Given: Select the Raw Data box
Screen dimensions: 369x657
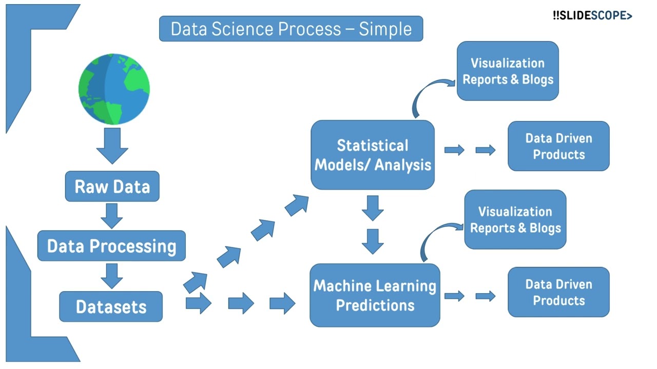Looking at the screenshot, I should click(112, 186).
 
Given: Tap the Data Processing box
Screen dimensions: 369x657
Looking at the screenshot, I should click(111, 246).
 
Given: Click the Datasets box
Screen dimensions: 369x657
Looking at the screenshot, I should click(111, 306).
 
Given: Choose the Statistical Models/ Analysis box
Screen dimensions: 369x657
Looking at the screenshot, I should click(373, 155).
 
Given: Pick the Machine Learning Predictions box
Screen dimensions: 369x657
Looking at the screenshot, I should click(375, 295).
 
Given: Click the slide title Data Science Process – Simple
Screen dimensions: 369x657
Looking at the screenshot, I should click(291, 29).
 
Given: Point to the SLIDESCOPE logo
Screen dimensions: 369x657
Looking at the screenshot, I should click(592, 16).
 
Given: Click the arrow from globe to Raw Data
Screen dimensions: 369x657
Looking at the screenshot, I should click(112, 145).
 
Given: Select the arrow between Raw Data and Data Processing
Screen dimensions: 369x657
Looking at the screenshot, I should click(111, 215).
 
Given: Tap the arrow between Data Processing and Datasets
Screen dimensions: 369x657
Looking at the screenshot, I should click(111, 276).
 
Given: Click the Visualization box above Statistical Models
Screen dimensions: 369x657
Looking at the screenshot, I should click(508, 71).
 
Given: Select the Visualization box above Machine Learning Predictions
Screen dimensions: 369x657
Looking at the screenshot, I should click(515, 220).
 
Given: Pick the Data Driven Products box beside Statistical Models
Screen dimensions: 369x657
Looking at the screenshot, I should click(558, 146).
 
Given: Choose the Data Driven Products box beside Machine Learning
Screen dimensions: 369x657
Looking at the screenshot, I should click(558, 292).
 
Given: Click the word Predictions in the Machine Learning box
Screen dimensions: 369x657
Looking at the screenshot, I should click(375, 305).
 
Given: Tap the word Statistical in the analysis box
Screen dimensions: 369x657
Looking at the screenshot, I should click(373, 146).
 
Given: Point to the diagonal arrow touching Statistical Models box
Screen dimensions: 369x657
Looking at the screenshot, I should click(297, 205).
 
